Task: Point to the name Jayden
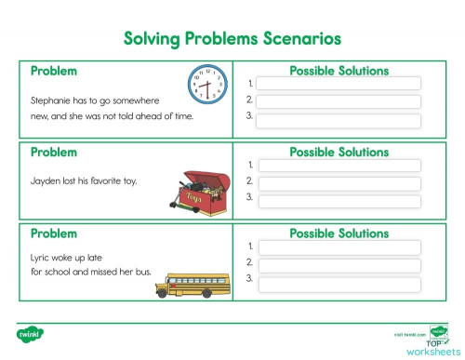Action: (46, 180)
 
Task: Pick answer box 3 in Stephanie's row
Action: (339, 119)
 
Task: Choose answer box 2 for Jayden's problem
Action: (339, 181)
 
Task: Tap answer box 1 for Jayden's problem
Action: (339, 166)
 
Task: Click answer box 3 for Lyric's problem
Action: (339, 279)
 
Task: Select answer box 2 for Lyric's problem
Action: (339, 263)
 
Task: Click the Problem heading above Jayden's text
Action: (54, 152)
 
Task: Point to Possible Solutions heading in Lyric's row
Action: (339, 233)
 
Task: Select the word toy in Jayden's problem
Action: (129, 180)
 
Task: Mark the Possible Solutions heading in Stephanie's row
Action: (339, 71)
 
